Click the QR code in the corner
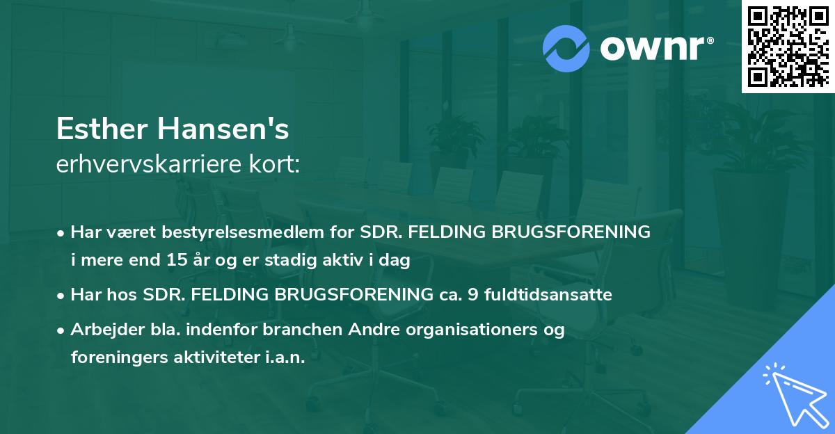click(x=788, y=47)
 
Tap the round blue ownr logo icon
click(x=567, y=49)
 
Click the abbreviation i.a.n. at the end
click(x=280, y=357)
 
